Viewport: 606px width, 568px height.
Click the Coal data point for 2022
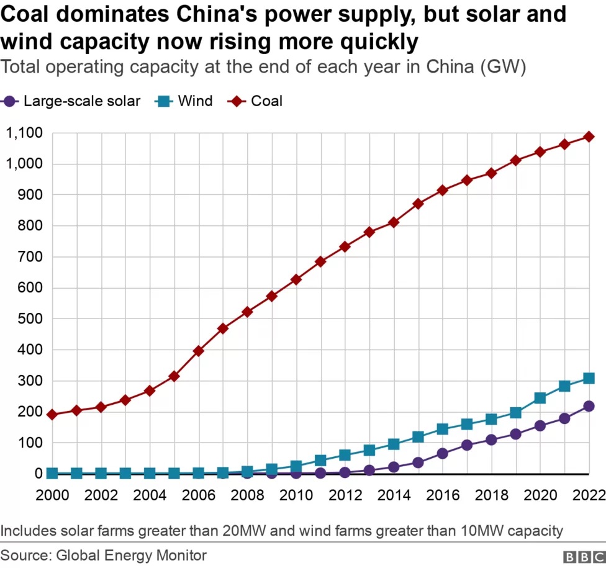coord(589,137)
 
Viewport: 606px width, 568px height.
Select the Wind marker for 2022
coord(589,378)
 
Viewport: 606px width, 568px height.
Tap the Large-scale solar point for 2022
coord(589,406)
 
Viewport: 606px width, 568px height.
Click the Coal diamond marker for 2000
coord(52,414)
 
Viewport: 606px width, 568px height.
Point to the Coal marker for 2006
coord(199,351)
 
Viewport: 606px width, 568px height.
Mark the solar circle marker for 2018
coord(491,440)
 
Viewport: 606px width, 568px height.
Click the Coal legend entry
coord(266,101)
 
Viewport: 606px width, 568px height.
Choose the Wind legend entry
coord(195,101)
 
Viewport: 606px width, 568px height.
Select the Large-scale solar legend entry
coord(81,101)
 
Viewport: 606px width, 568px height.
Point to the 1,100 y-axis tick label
coord(24,133)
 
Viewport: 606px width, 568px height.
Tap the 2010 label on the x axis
coord(296,494)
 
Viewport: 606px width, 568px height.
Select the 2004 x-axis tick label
coord(150,494)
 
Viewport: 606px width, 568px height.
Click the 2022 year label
coord(589,494)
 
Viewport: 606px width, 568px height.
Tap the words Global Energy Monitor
coord(131,555)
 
